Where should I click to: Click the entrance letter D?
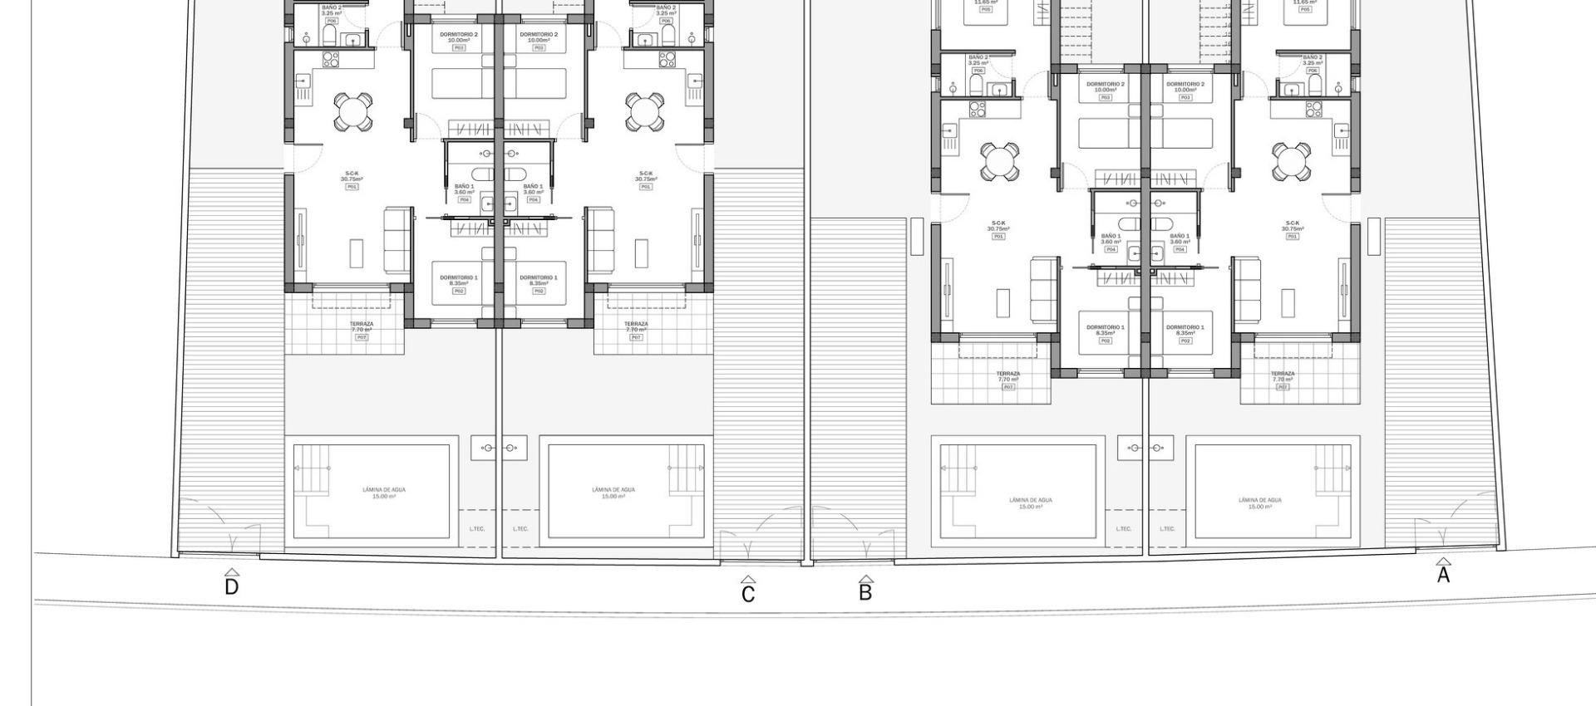pyautogui.click(x=232, y=587)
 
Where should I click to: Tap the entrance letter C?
pyautogui.click(x=748, y=595)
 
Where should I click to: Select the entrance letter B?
pyautogui.click(x=865, y=593)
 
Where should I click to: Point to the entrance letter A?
pyautogui.click(x=1443, y=575)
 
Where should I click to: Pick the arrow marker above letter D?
pyautogui.click(x=232, y=572)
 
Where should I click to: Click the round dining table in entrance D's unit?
pyautogui.click(x=353, y=112)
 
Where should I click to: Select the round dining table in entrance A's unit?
pyautogui.click(x=1292, y=162)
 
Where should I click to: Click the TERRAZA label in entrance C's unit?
pyautogui.click(x=636, y=324)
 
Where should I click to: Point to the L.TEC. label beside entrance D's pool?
pyautogui.click(x=477, y=528)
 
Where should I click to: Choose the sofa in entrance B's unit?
pyautogui.click(x=1044, y=290)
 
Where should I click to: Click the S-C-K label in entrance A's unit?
pyautogui.click(x=1292, y=223)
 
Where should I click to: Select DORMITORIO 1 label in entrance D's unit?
pyautogui.click(x=459, y=277)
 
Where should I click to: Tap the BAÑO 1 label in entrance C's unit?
pyautogui.click(x=533, y=187)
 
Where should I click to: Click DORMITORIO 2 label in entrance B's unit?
pyautogui.click(x=1106, y=84)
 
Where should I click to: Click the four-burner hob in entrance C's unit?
pyautogui.click(x=667, y=59)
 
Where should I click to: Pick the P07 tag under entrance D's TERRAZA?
pyautogui.click(x=361, y=337)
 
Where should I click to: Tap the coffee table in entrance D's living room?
pyautogui.click(x=356, y=253)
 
